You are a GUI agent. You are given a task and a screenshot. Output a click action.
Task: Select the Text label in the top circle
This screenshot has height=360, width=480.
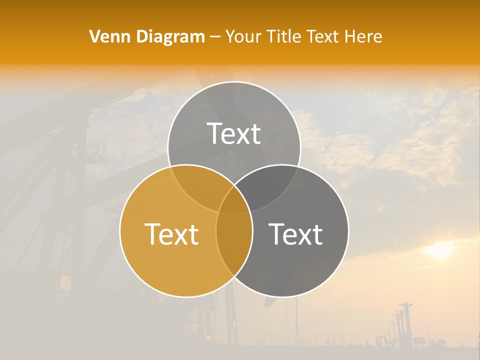(234, 133)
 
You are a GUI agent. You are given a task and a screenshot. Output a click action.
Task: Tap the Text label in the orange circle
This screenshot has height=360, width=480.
(171, 234)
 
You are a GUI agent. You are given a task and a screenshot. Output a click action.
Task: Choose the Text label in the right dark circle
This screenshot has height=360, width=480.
(296, 234)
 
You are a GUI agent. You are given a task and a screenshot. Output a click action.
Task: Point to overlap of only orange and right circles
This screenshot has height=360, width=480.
(234, 250)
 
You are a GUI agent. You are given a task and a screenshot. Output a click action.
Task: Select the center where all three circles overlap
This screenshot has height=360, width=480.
(234, 200)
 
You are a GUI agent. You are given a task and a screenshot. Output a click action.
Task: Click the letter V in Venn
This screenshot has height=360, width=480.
(95, 36)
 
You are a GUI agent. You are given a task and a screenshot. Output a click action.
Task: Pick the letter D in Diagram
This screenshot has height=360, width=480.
(141, 36)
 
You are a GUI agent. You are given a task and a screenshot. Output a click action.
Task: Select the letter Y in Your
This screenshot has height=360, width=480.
(230, 36)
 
